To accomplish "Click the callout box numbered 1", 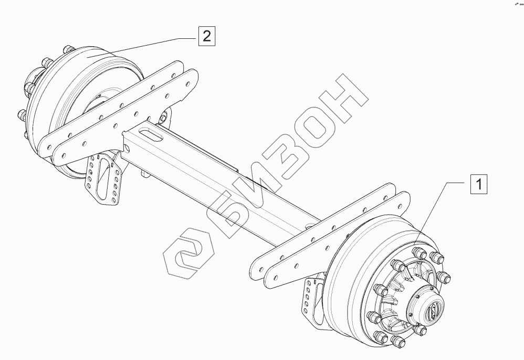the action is click(478, 185).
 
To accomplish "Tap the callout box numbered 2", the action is click(207, 36).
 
